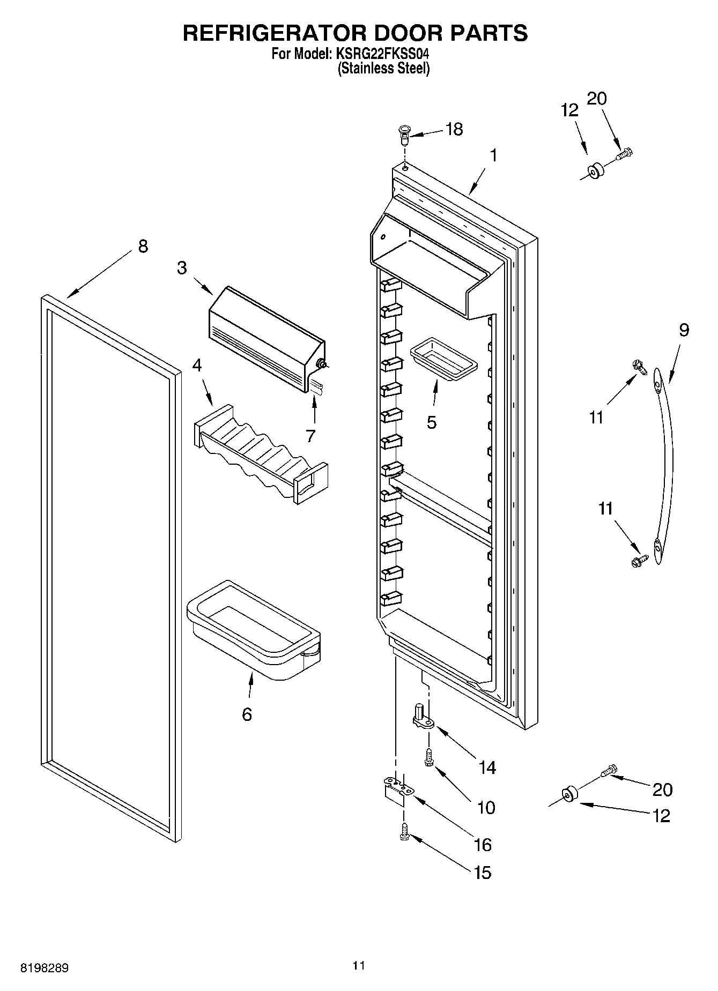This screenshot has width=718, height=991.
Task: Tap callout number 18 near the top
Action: coord(454,129)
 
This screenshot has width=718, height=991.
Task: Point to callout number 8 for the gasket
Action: coord(143,247)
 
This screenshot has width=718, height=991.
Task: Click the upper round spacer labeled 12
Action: coord(594,172)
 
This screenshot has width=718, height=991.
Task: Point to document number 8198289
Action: coord(45,968)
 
